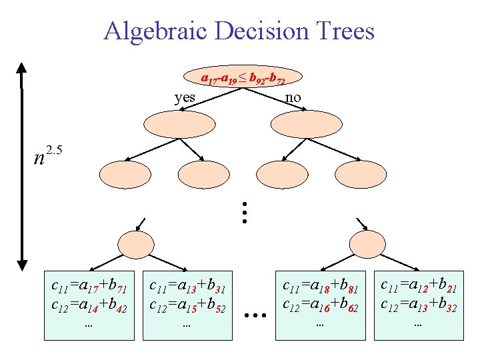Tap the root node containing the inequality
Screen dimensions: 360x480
coord(243,77)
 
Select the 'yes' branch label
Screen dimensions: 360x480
coord(185,97)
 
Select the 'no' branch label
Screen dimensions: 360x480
coord(293,97)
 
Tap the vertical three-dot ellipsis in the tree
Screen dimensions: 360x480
coord(245,211)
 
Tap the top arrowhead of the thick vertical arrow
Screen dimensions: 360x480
coord(23,68)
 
